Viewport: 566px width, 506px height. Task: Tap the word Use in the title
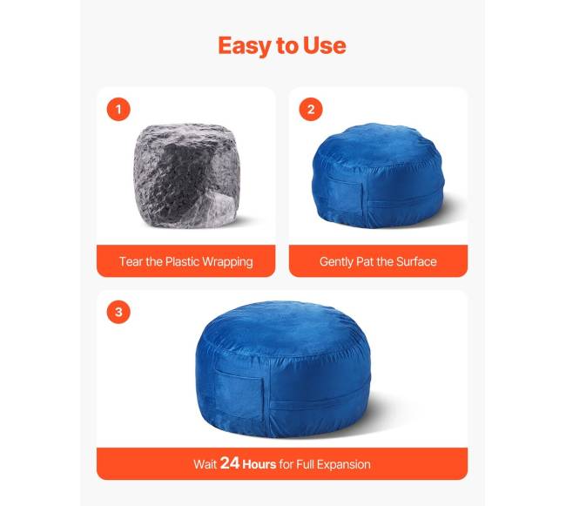(324, 45)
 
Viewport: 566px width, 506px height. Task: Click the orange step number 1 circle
(118, 109)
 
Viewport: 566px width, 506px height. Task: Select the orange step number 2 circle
(311, 109)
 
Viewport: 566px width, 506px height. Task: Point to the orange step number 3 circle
(118, 312)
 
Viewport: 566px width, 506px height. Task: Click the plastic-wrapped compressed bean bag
(186, 176)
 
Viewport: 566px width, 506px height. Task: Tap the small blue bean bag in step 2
(378, 176)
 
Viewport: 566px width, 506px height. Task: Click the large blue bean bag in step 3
(283, 369)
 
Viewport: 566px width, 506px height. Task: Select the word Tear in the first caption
(131, 261)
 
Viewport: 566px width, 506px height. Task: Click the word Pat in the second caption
(363, 261)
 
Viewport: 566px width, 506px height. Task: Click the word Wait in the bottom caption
(205, 464)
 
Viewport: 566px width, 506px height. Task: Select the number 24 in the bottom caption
(230, 462)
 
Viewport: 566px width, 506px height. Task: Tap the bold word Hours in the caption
(259, 464)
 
